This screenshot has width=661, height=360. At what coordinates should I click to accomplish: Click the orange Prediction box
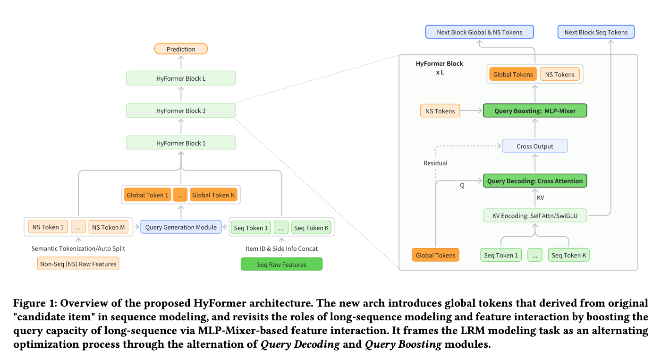point(181,49)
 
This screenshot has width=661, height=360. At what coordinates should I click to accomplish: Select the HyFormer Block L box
point(181,78)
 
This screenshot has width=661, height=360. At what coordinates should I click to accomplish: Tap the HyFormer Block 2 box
point(181,111)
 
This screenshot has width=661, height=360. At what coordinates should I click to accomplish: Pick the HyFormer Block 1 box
point(181,143)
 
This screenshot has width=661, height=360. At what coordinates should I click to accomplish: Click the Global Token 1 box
point(147,195)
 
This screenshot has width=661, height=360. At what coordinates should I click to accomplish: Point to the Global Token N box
point(213,195)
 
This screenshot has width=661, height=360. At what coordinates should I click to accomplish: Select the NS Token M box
point(109,227)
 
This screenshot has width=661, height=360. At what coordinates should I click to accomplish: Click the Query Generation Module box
point(181,227)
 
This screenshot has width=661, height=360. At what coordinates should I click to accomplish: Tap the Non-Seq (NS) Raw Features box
point(78,264)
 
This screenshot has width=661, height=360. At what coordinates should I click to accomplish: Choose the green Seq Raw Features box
point(281,265)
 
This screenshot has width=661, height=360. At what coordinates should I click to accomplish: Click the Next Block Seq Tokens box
point(596,32)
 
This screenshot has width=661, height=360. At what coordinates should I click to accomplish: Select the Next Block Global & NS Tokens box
point(480,32)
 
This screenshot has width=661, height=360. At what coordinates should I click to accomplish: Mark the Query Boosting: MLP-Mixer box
point(535,111)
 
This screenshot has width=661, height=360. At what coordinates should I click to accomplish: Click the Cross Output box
point(535,146)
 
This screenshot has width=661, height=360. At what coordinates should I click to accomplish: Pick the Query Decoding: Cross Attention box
point(535,181)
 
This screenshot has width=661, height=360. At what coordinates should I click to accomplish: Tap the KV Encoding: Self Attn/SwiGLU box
point(535,216)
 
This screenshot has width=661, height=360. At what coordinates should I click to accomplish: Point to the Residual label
point(435,163)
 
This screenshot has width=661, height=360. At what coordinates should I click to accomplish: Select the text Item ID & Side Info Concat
point(281,249)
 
